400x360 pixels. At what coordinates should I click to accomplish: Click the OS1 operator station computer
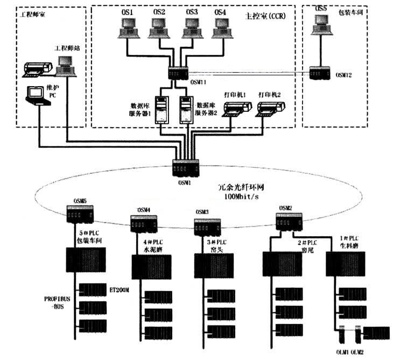(128, 27)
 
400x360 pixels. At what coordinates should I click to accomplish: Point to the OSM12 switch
(321, 73)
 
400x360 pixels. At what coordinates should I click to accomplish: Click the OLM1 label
(341, 351)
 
